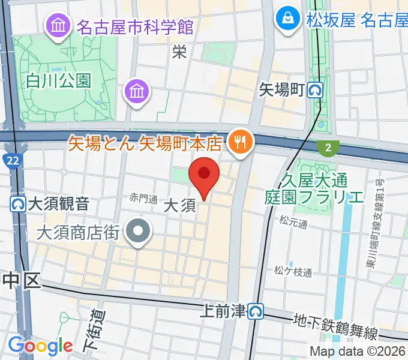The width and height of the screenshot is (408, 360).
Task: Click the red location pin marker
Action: tap(204, 175)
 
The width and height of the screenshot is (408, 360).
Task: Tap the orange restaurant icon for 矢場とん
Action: tap(241, 142)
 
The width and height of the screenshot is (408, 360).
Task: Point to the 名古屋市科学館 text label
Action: tap(134, 26)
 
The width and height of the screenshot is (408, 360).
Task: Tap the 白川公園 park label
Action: tap(58, 80)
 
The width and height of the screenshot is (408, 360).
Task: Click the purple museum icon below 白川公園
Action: tap(137, 91)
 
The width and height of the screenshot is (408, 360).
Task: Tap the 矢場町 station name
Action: tap(282, 91)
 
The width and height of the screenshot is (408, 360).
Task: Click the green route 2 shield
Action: tap(328, 146)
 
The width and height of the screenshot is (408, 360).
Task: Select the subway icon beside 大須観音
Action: tap(18, 203)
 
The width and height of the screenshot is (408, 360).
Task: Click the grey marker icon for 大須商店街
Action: tap(139, 231)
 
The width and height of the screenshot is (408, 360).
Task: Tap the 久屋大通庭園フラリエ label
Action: tap(314, 188)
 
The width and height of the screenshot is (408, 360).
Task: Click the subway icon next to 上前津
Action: tap(257, 311)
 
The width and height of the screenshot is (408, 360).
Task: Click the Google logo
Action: tap(40, 346)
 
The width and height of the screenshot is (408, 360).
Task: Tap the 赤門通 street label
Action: tap(144, 199)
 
